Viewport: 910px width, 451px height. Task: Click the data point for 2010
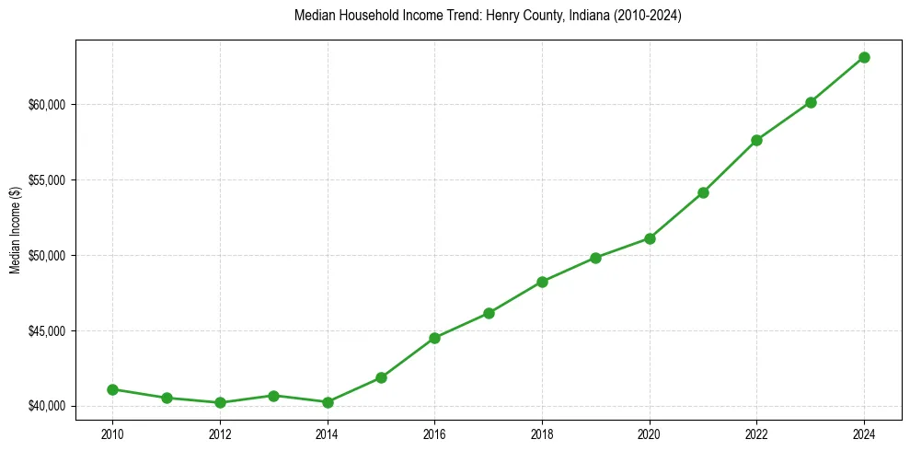click(112, 389)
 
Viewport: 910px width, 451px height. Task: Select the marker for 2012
click(220, 402)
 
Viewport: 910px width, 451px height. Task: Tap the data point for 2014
click(328, 402)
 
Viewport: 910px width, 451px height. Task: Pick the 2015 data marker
click(381, 377)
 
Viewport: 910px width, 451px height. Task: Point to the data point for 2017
click(489, 313)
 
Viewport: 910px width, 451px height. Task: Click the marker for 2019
click(596, 258)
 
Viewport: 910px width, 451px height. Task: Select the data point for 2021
click(703, 192)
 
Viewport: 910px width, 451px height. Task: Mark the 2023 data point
click(811, 102)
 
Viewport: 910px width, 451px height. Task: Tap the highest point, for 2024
click(864, 57)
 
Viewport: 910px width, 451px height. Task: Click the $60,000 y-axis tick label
click(46, 104)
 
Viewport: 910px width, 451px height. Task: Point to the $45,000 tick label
click(46, 330)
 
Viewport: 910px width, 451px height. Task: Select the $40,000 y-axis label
click(46, 406)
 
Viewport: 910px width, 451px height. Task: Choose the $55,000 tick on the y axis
click(46, 179)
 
